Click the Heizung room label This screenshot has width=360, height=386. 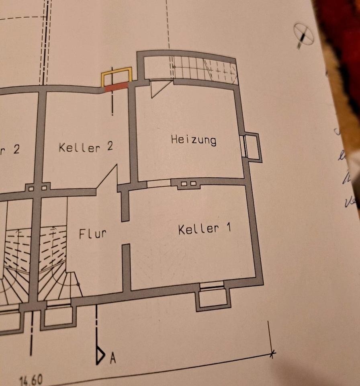tap(193, 140)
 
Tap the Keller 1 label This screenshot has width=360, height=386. tap(205, 229)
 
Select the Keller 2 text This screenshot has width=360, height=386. tap(86, 147)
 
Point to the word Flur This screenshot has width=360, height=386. tap(92, 234)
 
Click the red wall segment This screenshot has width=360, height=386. tap(116, 86)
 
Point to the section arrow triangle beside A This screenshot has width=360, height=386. tap(100, 355)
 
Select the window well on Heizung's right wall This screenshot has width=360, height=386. tap(253, 147)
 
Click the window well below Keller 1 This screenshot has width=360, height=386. tap(213, 298)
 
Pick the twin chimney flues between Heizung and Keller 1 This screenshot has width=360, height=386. tap(188, 184)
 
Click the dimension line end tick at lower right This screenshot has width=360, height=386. tap(272, 354)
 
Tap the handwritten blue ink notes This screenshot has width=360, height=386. tap(346, 169)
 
